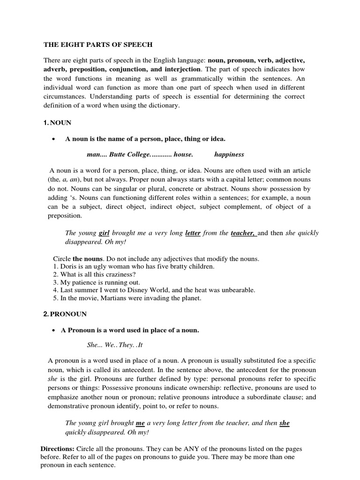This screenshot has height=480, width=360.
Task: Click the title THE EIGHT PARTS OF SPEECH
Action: [x=98, y=45]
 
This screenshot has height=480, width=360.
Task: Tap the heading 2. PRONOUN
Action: [x=65, y=314]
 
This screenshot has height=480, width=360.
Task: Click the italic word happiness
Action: [x=229, y=154]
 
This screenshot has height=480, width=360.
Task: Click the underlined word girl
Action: [x=107, y=233]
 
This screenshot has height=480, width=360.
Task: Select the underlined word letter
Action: [x=193, y=233]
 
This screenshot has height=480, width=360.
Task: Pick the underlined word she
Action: [x=285, y=423]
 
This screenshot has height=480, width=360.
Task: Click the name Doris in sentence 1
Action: [x=67, y=266]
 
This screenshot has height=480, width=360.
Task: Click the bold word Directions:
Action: [x=57, y=449]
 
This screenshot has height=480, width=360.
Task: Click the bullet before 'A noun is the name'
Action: [x=55, y=139]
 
